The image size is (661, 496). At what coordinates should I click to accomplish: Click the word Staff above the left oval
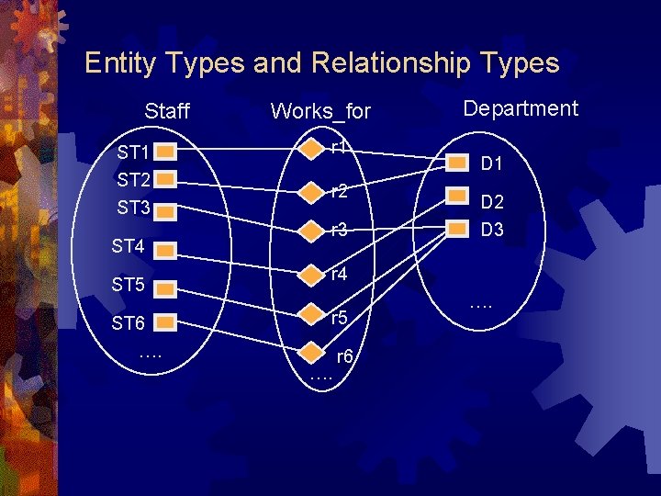[x=167, y=112]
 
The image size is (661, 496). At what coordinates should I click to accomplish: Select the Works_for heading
[x=320, y=112]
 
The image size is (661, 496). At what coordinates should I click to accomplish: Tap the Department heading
[x=521, y=108]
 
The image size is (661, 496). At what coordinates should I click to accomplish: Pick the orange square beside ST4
[x=165, y=246]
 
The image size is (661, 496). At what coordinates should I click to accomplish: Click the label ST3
[x=133, y=208]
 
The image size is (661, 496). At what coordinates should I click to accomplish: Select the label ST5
[x=129, y=286]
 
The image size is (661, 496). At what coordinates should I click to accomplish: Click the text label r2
[x=339, y=192]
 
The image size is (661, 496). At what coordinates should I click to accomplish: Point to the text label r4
[x=339, y=274]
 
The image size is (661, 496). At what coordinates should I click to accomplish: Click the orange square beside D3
[x=456, y=229]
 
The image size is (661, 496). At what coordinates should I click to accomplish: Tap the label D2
[x=493, y=201]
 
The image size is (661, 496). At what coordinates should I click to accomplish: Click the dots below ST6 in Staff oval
[x=151, y=354]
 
